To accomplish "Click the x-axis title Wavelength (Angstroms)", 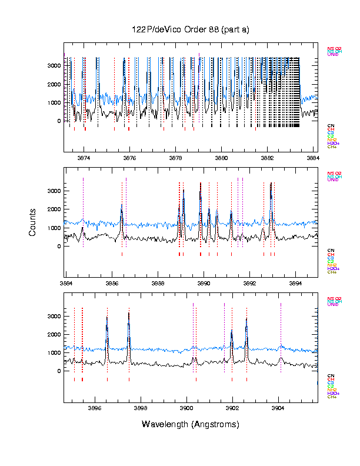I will click(190, 424).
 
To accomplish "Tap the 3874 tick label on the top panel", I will click(84, 158).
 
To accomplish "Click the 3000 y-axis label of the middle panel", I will click(54, 191).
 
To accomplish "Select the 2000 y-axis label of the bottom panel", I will click(54, 334).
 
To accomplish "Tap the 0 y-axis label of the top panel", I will click(58, 121).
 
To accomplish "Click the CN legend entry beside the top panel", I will click(331, 125).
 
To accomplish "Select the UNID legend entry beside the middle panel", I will click(333, 179).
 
